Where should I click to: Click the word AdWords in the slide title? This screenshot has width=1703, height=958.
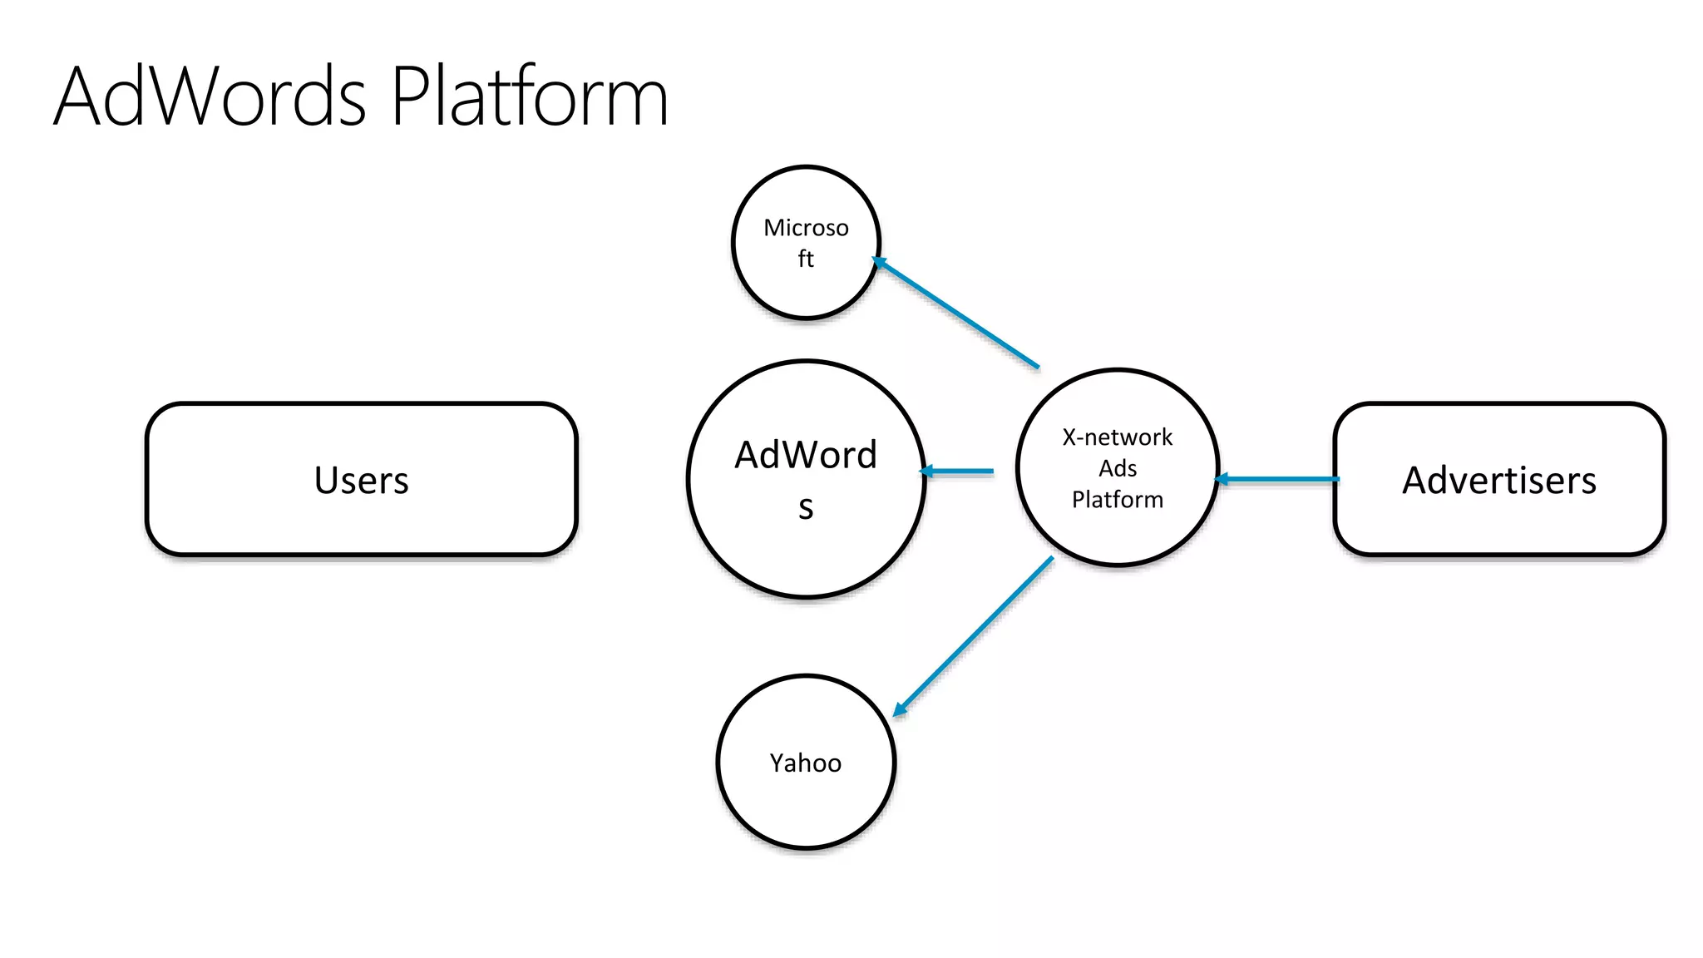210,96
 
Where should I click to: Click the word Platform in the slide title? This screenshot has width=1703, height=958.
530,96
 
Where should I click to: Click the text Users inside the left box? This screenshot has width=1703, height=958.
362,480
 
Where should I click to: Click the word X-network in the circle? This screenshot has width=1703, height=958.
1117,437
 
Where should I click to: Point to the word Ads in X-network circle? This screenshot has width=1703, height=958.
1117,468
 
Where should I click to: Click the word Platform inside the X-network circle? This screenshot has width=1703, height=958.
1117,499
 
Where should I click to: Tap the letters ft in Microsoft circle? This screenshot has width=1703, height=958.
805,259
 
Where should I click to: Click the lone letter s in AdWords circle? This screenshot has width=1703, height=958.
805,506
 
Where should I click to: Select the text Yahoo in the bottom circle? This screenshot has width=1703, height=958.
805,763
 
